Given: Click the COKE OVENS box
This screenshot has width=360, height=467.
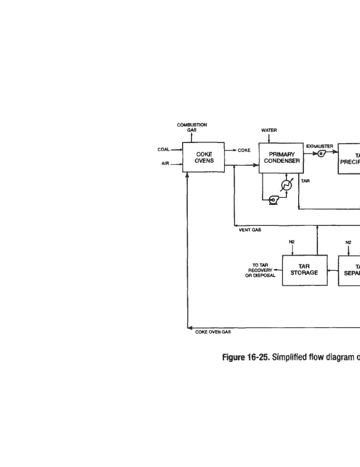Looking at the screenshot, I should pyautogui.click(x=203, y=158).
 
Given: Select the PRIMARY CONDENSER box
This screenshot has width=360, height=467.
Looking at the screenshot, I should pyautogui.click(x=281, y=158).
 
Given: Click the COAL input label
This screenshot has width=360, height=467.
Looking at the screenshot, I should pyautogui.click(x=163, y=149).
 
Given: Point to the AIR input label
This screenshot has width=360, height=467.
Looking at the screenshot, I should pyautogui.click(x=165, y=164).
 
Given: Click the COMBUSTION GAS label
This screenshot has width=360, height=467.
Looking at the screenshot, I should pyautogui.click(x=192, y=127).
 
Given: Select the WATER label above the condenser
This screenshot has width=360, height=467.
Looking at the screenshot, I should pyautogui.click(x=269, y=130).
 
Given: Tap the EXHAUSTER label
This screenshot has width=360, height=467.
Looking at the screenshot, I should pyautogui.click(x=319, y=146).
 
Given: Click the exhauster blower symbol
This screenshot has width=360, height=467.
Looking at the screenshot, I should pyautogui.click(x=321, y=153).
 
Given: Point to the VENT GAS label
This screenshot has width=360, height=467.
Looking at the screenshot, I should pyautogui.click(x=250, y=230).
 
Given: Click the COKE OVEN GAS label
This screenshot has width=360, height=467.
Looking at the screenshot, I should pyautogui.click(x=212, y=332).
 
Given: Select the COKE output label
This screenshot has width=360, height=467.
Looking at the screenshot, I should pyautogui.click(x=244, y=150).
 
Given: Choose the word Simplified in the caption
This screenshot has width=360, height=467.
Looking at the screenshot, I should pyautogui.click(x=276, y=358).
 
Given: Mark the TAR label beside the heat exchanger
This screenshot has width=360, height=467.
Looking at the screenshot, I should pyautogui.click(x=305, y=182).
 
